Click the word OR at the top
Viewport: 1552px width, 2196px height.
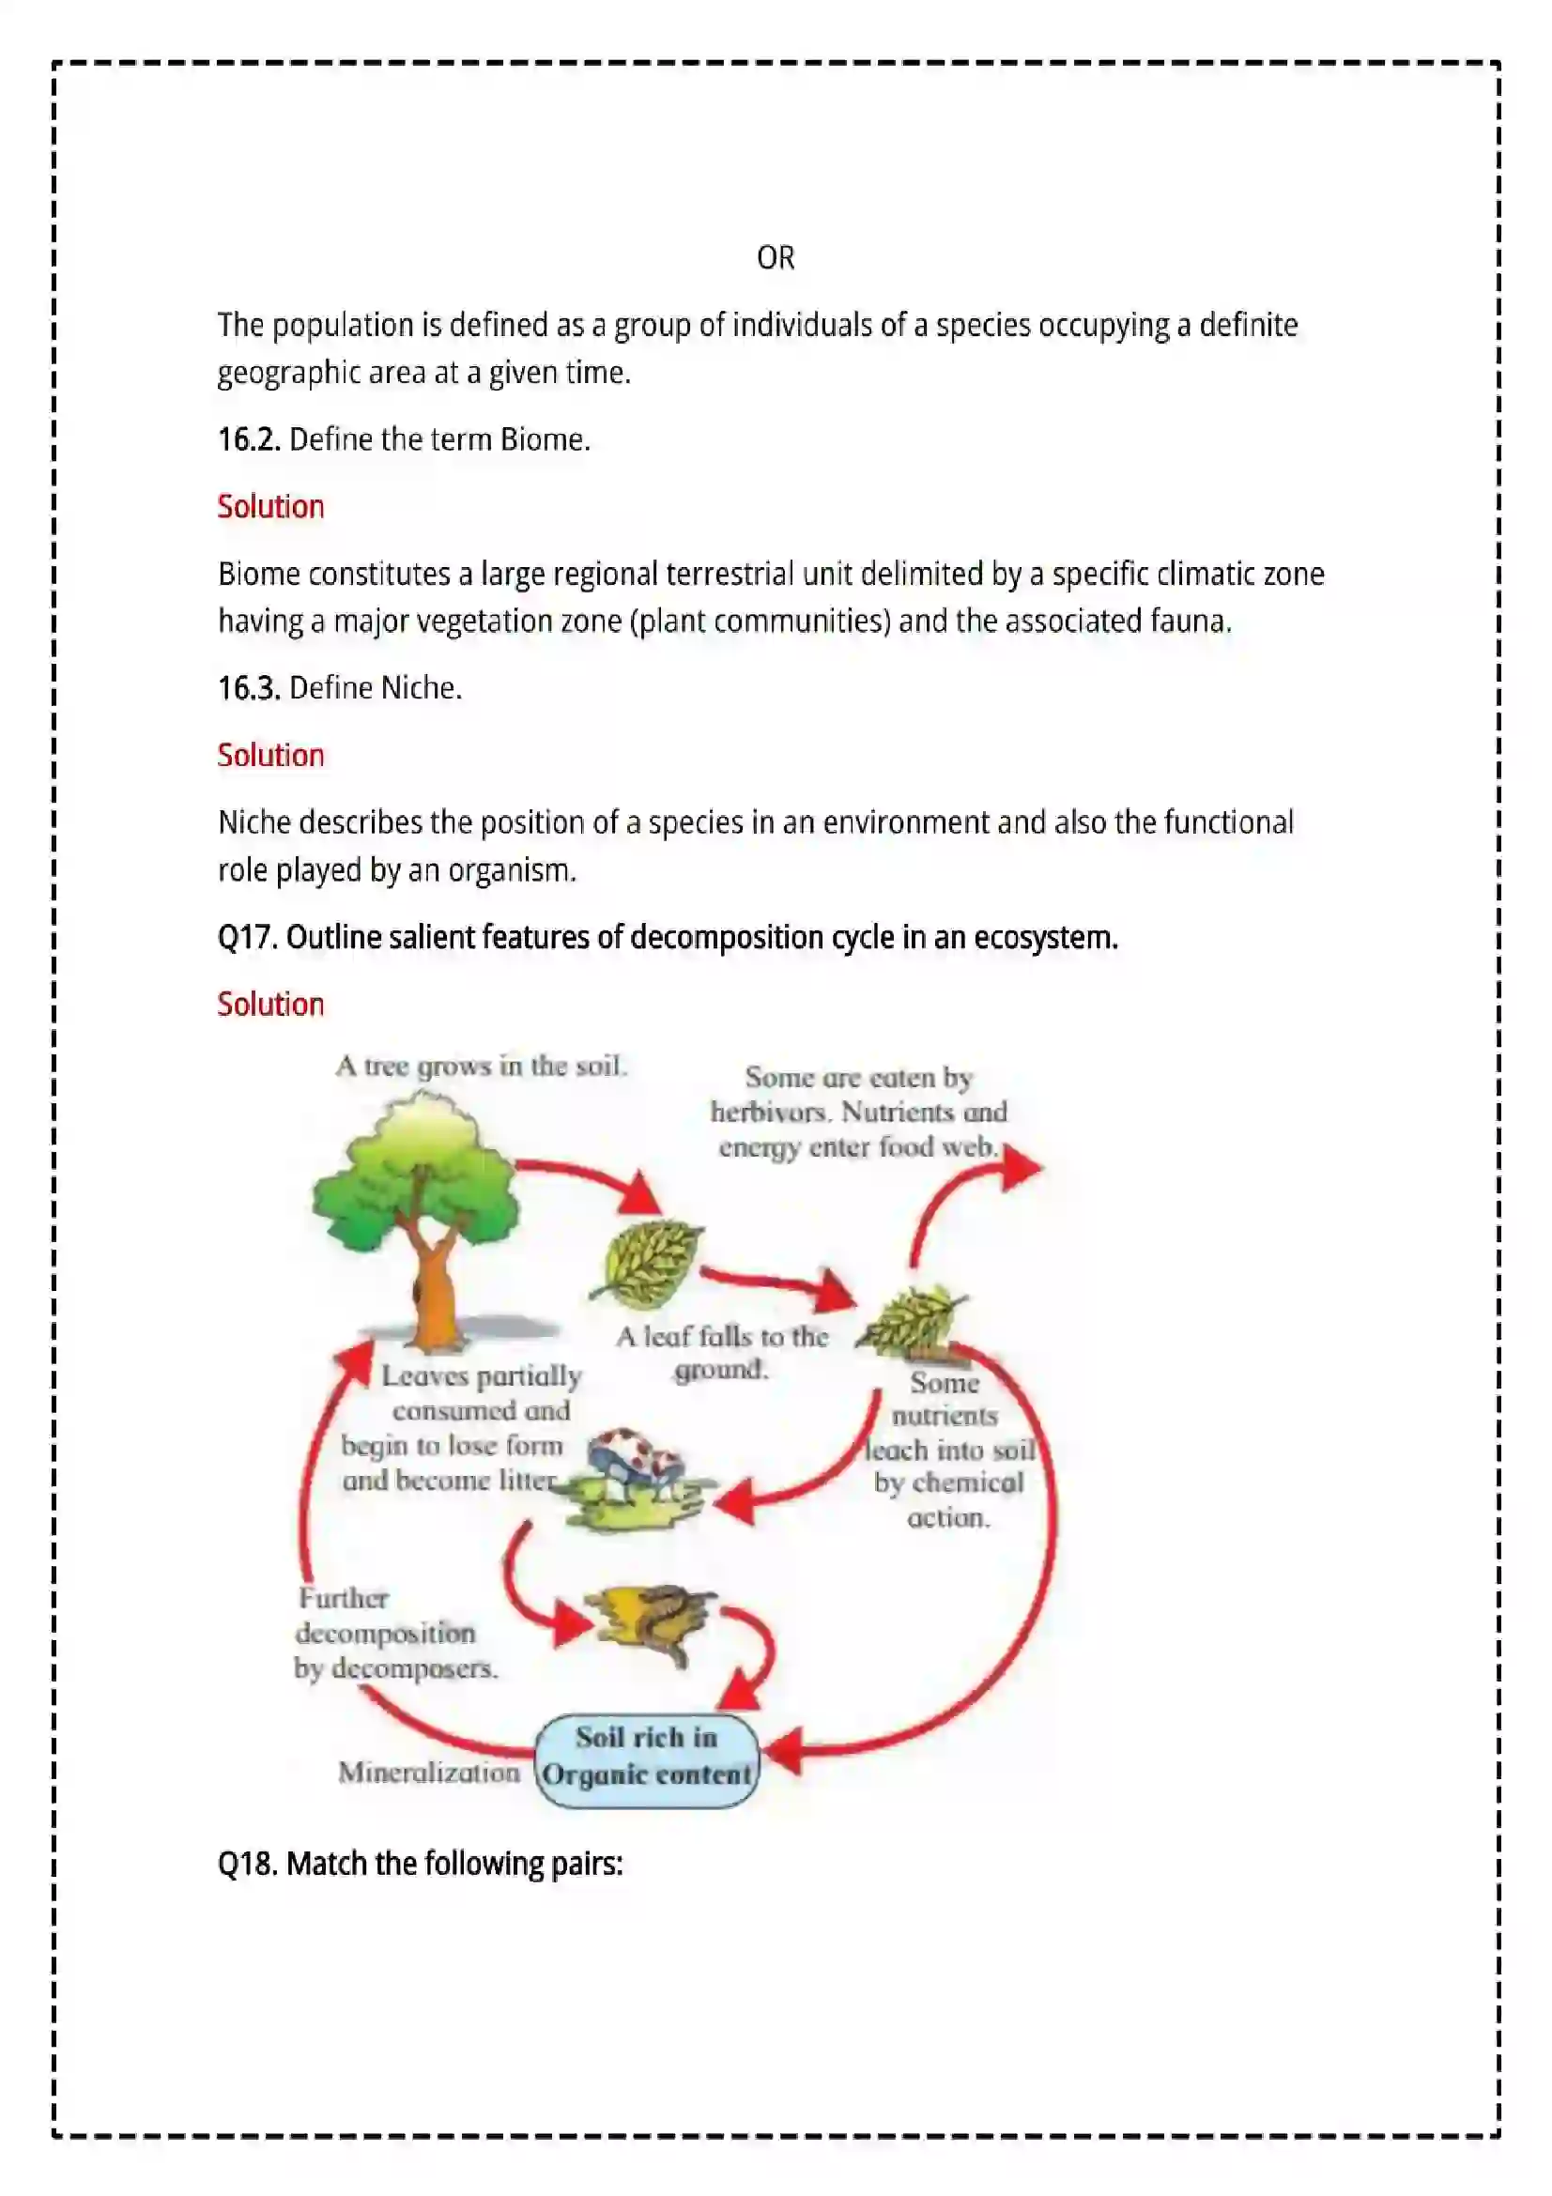[x=775, y=257]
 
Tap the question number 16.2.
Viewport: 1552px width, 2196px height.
[x=249, y=439]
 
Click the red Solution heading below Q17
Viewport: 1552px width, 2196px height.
[x=270, y=1004]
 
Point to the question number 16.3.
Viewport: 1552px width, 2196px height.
[x=249, y=687]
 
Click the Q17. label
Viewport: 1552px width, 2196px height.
[x=248, y=936]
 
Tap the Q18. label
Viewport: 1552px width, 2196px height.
[x=248, y=1862]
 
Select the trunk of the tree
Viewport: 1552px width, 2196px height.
[x=433, y=1282]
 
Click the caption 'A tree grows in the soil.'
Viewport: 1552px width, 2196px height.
[x=481, y=1066]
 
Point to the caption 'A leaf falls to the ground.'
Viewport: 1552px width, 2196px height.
[x=722, y=1352]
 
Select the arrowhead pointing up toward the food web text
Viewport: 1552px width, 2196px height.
[x=1021, y=1167]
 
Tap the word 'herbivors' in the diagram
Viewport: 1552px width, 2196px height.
[x=771, y=1112]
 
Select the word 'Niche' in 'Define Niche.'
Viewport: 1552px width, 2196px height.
[x=418, y=687]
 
